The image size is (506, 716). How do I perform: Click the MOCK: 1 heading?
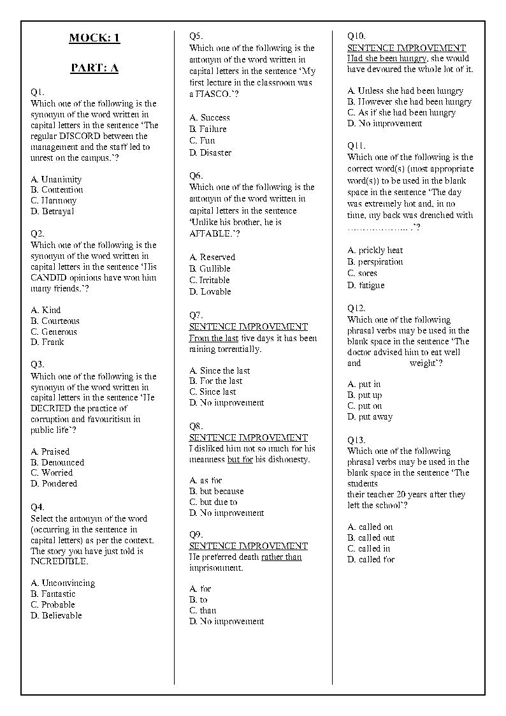(x=94, y=38)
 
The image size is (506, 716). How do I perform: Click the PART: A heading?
(x=94, y=68)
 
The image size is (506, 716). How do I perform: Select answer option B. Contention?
(x=57, y=190)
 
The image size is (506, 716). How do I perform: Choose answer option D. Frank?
(x=47, y=342)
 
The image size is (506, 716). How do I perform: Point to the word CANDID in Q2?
(x=48, y=278)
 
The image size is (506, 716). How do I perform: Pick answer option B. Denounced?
(x=57, y=462)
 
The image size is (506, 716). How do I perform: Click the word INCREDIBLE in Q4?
(x=59, y=562)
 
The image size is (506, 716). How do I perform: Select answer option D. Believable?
(x=56, y=616)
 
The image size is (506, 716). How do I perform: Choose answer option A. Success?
(x=210, y=118)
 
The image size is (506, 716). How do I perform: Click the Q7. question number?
(x=196, y=315)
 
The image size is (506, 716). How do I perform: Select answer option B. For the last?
(x=216, y=381)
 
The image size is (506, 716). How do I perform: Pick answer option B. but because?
(x=217, y=492)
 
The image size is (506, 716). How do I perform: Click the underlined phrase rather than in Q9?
(x=281, y=557)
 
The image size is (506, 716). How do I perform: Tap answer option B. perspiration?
(x=375, y=262)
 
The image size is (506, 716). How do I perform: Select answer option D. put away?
(x=370, y=417)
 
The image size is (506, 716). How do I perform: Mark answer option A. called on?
(x=370, y=527)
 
